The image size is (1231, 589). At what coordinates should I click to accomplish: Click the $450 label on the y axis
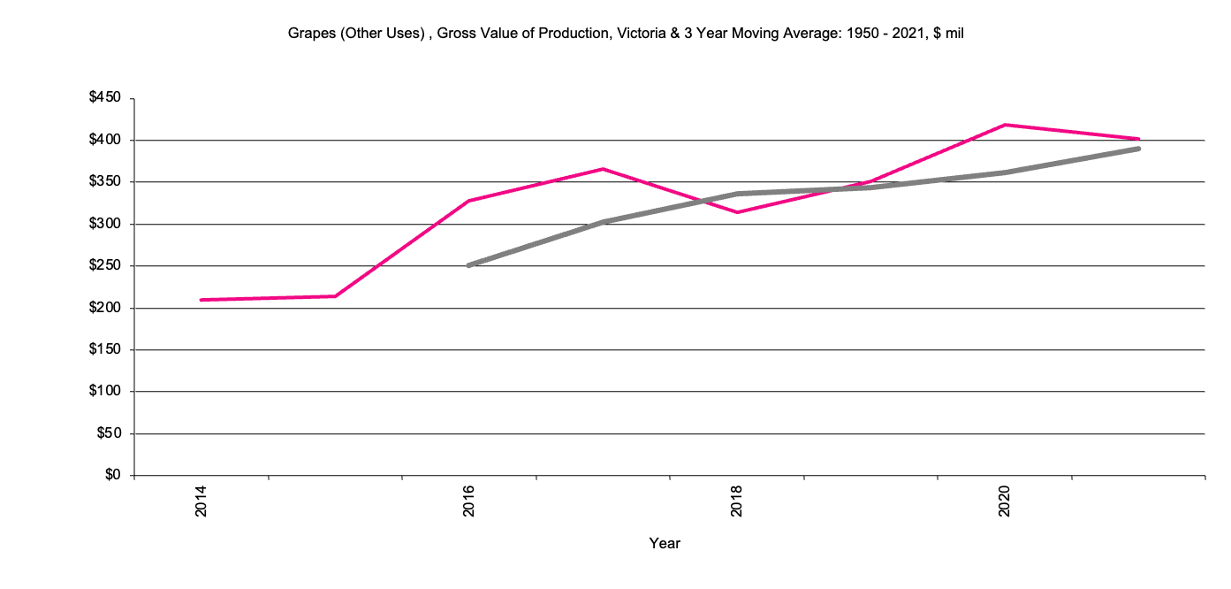pos(110,98)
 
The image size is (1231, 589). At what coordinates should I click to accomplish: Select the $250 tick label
pos(110,266)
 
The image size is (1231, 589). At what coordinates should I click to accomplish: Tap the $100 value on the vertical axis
pos(110,392)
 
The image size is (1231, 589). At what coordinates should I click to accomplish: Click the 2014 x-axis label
pos(201,501)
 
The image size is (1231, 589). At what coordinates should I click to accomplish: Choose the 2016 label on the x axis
pos(469,501)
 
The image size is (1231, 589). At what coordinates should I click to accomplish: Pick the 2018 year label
pos(737,501)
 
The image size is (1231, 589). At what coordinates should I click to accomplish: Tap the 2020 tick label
pos(1005,501)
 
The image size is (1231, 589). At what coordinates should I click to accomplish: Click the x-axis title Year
pos(665,544)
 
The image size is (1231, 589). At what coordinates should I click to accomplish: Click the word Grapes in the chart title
pos(308,34)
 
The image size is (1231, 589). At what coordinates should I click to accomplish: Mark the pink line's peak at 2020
pos(1005,125)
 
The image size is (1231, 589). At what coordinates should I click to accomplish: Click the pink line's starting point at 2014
pos(201,300)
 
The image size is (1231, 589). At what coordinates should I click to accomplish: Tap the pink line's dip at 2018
pos(737,212)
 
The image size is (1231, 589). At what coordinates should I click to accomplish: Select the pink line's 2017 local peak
pos(603,169)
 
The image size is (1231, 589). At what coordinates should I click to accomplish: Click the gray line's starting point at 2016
pos(469,265)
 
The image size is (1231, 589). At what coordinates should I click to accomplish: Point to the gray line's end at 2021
pos(1138,149)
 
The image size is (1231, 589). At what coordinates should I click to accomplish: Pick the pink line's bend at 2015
pos(336,296)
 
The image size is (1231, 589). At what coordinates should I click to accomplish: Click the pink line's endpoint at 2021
pos(1138,139)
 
